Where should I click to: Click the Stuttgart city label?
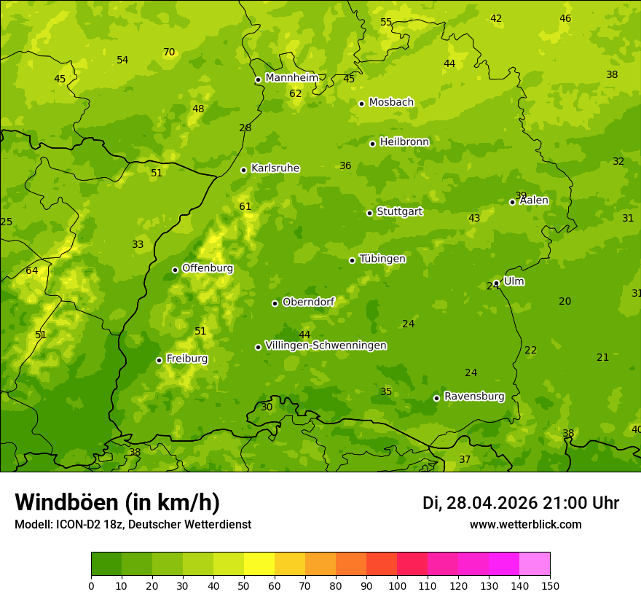coord(399,211)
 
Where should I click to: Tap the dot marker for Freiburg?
coord(159,360)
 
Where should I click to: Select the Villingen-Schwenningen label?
coord(326,346)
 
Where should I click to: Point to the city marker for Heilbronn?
coord(372,144)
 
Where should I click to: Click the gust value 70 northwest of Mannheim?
coord(169,52)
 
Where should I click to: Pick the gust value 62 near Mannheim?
coord(295,93)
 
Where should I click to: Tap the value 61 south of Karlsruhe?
coord(245,206)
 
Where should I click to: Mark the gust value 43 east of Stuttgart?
coord(474,218)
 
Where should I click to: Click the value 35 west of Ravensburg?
coord(386,391)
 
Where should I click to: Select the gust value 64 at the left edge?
coord(31,270)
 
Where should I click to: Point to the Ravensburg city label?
coord(474,397)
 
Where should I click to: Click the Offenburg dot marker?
coord(175,270)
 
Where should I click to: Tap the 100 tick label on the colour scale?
coord(397,585)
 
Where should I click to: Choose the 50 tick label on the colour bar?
coord(244,585)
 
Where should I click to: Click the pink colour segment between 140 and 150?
coord(535,564)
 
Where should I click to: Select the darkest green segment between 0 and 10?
coord(106,564)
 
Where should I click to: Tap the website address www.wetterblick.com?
coord(525,524)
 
